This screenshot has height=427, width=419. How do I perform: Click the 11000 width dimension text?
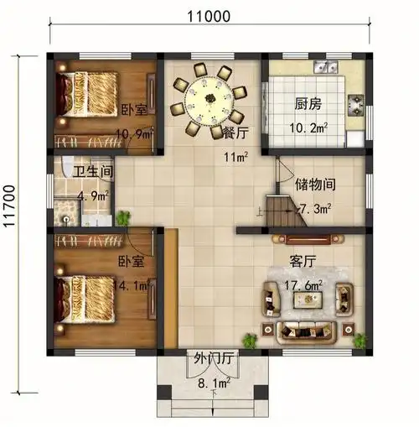point(209,17)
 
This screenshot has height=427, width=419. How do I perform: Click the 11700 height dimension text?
point(10,206)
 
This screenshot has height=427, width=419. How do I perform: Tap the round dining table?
point(209,101)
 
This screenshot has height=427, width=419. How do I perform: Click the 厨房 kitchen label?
point(308,104)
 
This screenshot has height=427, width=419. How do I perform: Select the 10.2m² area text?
point(308,128)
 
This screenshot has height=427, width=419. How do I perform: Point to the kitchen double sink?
point(326,67)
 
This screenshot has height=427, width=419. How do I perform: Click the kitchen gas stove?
point(356,106)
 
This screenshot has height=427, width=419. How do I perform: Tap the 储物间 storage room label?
point(315,185)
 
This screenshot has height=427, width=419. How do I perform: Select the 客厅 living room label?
point(303,262)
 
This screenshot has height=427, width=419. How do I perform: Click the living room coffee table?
point(308,299)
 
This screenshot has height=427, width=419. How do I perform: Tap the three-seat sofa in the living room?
point(307,333)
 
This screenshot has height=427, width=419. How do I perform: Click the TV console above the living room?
point(308,240)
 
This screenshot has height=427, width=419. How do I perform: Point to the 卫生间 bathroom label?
point(93,172)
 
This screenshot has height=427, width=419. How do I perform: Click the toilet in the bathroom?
point(67,166)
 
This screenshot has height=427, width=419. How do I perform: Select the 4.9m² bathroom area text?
point(93,196)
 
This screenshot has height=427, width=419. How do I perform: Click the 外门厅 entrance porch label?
point(214,358)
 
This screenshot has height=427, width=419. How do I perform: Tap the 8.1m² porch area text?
point(214,383)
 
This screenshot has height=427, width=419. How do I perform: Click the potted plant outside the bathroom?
point(123,218)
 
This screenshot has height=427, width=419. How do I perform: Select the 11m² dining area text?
point(235,157)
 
